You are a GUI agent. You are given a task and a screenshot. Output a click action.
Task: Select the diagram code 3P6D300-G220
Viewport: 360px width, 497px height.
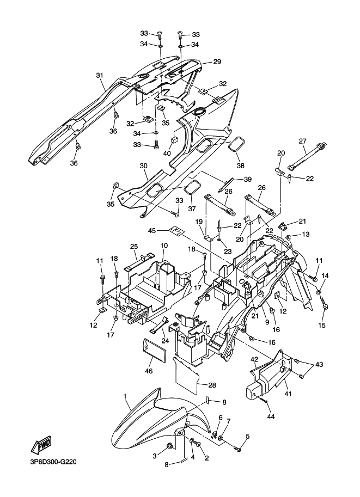pyautogui.click(x=53, y=462)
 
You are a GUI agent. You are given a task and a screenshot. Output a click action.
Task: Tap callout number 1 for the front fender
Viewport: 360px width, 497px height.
pyautogui.click(x=125, y=396)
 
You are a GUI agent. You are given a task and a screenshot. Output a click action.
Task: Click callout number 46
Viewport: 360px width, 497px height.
pyautogui.click(x=149, y=371)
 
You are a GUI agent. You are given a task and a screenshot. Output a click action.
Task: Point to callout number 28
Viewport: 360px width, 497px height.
pyautogui.click(x=212, y=385)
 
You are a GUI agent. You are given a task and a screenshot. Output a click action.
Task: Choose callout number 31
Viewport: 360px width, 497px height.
pyautogui.click(x=100, y=76)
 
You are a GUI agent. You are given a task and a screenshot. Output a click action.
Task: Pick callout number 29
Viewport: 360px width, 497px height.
pyautogui.click(x=217, y=62)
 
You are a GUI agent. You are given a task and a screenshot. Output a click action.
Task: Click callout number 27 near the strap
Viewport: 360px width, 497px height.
pyautogui.click(x=303, y=140)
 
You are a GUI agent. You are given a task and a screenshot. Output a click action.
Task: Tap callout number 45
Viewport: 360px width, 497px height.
pyautogui.click(x=152, y=230)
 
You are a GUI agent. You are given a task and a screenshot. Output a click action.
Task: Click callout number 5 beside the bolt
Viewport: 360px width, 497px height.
pyautogui.click(x=247, y=437)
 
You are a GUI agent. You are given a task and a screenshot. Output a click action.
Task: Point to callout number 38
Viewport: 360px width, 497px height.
pyautogui.click(x=240, y=165)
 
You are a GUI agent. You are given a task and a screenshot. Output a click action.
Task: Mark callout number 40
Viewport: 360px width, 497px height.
pyautogui.click(x=167, y=154)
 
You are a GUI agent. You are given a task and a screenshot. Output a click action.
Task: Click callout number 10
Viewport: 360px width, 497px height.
pyautogui.click(x=164, y=246)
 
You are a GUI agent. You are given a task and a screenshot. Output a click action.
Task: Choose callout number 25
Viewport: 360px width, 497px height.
pyautogui.click(x=134, y=246)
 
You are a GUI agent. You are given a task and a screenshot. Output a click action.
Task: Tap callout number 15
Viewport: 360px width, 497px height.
pyautogui.click(x=322, y=325)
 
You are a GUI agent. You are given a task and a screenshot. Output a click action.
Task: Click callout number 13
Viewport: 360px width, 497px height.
pyautogui.click(x=306, y=234)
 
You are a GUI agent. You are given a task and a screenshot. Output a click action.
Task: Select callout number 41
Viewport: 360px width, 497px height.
pyautogui.click(x=288, y=394)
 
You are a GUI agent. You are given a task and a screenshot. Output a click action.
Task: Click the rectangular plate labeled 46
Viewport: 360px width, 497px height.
pyautogui.click(x=154, y=351)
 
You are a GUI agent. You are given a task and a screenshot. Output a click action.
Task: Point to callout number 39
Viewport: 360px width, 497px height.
pyautogui.click(x=247, y=180)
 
